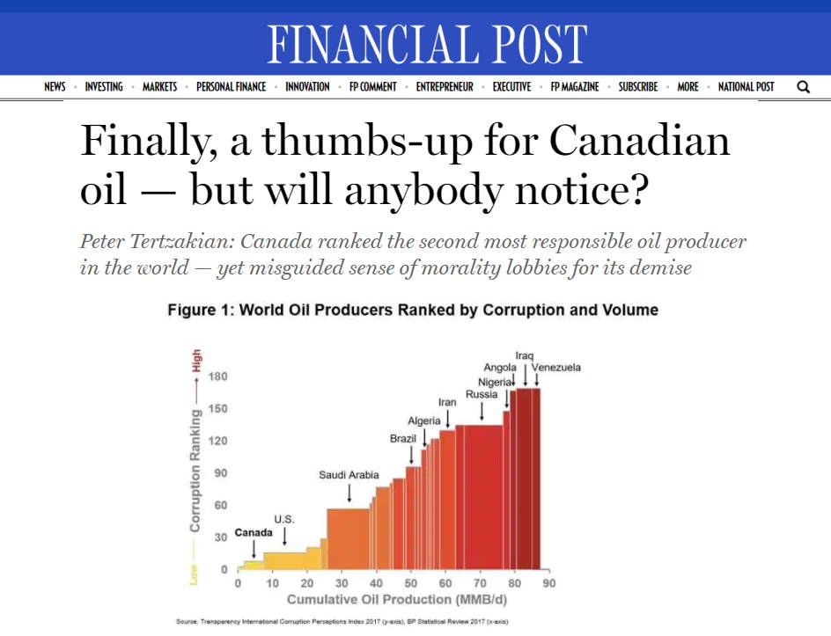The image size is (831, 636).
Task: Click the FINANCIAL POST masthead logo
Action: pyautogui.click(x=427, y=43)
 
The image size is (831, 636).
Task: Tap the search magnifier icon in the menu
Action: pyautogui.click(x=803, y=87)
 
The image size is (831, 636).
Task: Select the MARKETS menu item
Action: pyautogui.click(x=159, y=87)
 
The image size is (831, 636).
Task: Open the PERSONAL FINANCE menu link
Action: pyautogui.click(x=231, y=87)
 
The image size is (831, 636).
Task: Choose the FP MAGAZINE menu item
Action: pyautogui.click(x=575, y=87)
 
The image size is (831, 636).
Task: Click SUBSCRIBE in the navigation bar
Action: pyautogui.click(x=637, y=87)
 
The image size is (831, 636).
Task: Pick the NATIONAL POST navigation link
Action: pyautogui.click(x=746, y=87)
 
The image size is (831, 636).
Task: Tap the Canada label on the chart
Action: pyautogui.click(x=253, y=533)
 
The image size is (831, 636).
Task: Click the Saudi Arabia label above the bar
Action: pyautogui.click(x=349, y=475)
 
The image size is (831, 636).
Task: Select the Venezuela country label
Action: pyautogui.click(x=555, y=367)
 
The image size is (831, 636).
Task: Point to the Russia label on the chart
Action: pyautogui.click(x=482, y=394)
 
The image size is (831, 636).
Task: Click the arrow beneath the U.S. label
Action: pyautogui.click(x=284, y=536)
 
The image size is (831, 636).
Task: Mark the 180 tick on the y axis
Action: pyautogui.click(x=217, y=376)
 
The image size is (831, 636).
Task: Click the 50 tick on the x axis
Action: pyautogui.click(x=410, y=583)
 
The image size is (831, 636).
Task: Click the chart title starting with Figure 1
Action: pyautogui.click(x=413, y=310)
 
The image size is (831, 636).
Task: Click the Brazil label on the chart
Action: pyautogui.click(x=403, y=438)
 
